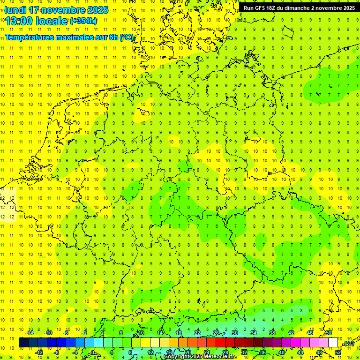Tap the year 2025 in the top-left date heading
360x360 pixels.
pos(97,10)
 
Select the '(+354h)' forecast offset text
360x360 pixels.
pos(83,21)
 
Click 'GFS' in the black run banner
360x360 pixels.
pos(263,8)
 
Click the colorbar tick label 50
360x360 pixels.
pos(329,333)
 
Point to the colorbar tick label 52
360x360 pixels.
pos(338,352)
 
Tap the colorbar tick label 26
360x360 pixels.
pos(216,333)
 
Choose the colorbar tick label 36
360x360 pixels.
pos(263,352)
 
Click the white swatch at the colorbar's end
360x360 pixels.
pos(333,343)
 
